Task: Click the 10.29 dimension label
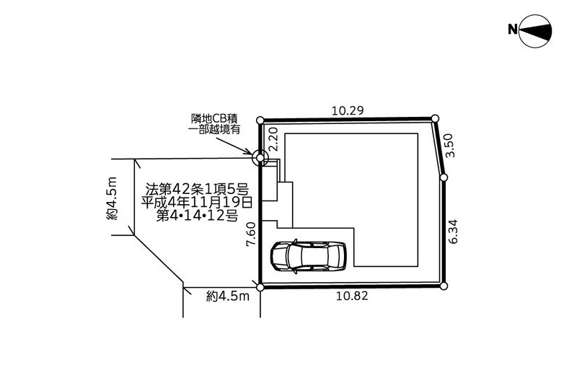348,110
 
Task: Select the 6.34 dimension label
453,232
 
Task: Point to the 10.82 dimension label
352,296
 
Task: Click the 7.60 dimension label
251,234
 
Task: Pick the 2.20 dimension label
273,139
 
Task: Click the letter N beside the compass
513,29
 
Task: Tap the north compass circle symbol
535,31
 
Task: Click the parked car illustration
309,257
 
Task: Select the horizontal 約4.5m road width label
228,296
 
